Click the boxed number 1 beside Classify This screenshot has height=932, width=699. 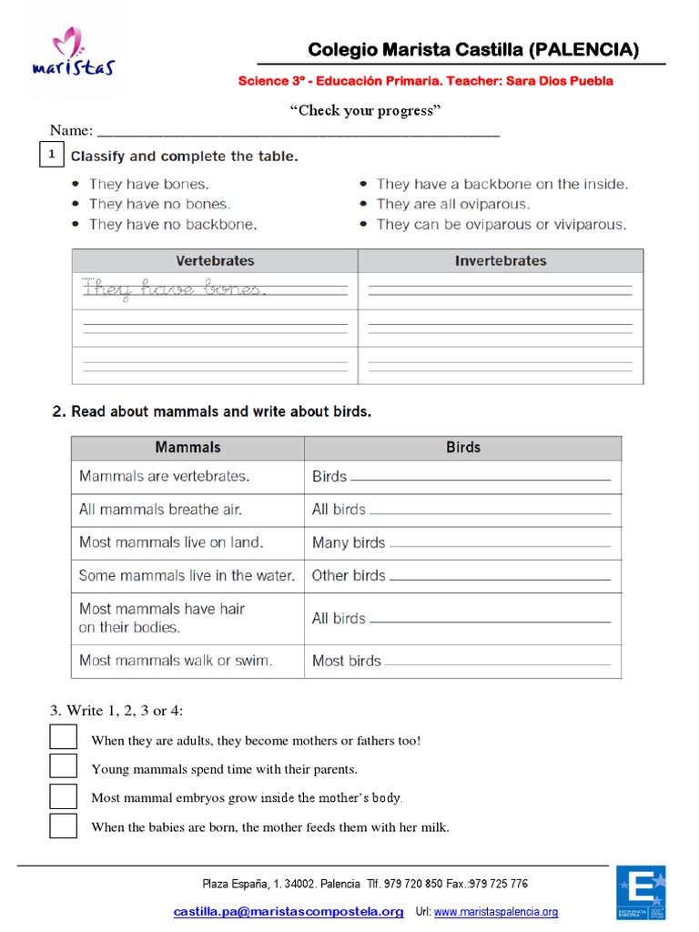tap(53, 156)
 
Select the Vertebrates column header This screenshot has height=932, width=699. tap(215, 260)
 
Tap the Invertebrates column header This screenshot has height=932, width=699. tap(501, 260)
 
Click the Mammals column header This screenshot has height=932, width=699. tap(187, 447)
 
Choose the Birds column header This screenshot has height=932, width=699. tap(463, 447)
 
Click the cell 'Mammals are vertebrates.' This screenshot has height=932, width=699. tap(165, 476)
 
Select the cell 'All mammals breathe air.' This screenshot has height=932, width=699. tap(160, 510)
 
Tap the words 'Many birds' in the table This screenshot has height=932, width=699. tap(349, 542)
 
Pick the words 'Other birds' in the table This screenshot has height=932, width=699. tap(349, 575)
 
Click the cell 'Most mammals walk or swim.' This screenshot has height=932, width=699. tap(176, 661)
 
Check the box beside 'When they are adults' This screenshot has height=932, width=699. tap(63, 738)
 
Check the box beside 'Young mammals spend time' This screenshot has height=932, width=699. tap(63, 767)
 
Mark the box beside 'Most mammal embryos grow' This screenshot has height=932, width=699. tap(63, 796)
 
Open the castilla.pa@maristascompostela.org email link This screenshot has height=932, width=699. tap(289, 912)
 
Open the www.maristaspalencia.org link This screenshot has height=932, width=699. tap(496, 912)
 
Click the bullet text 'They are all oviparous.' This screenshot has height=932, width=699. tap(452, 204)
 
